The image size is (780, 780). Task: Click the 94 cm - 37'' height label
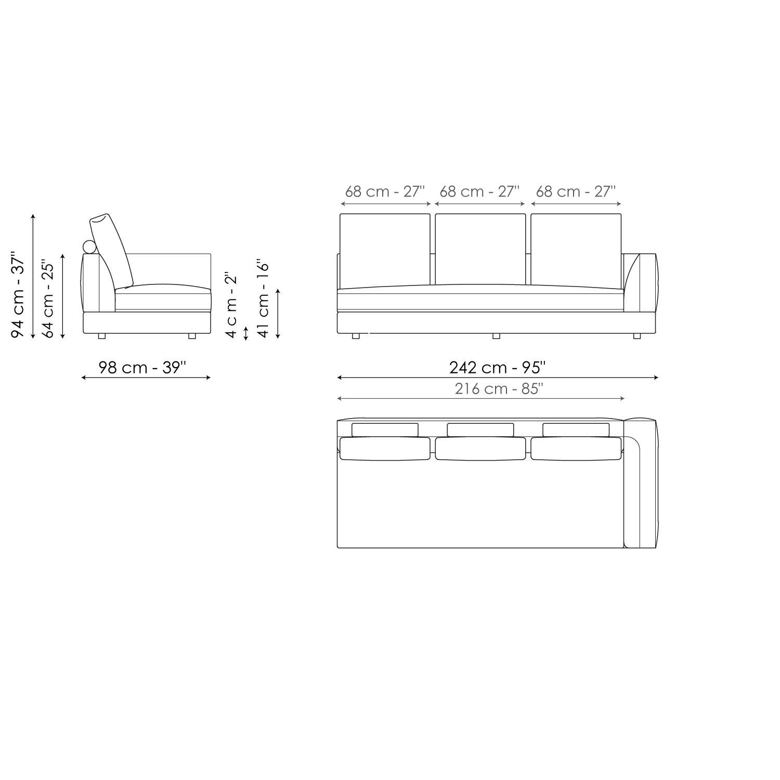[18, 295]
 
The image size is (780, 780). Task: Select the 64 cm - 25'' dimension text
[48, 298]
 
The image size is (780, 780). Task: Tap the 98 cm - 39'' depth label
[142, 368]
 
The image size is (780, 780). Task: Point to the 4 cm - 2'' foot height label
[231, 305]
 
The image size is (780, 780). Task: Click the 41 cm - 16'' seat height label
[263, 300]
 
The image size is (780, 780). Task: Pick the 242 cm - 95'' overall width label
[497, 368]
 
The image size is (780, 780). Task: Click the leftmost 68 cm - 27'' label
[385, 191]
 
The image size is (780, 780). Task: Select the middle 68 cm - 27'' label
[479, 191]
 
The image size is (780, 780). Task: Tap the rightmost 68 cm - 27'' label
[576, 191]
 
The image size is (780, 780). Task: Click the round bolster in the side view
[89, 247]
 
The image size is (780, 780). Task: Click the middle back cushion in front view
[480, 249]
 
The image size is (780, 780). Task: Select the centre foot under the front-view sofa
[496, 336]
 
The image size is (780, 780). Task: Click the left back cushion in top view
[384, 448]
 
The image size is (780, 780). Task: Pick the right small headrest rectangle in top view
[576, 430]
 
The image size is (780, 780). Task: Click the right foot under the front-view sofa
[636, 336]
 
